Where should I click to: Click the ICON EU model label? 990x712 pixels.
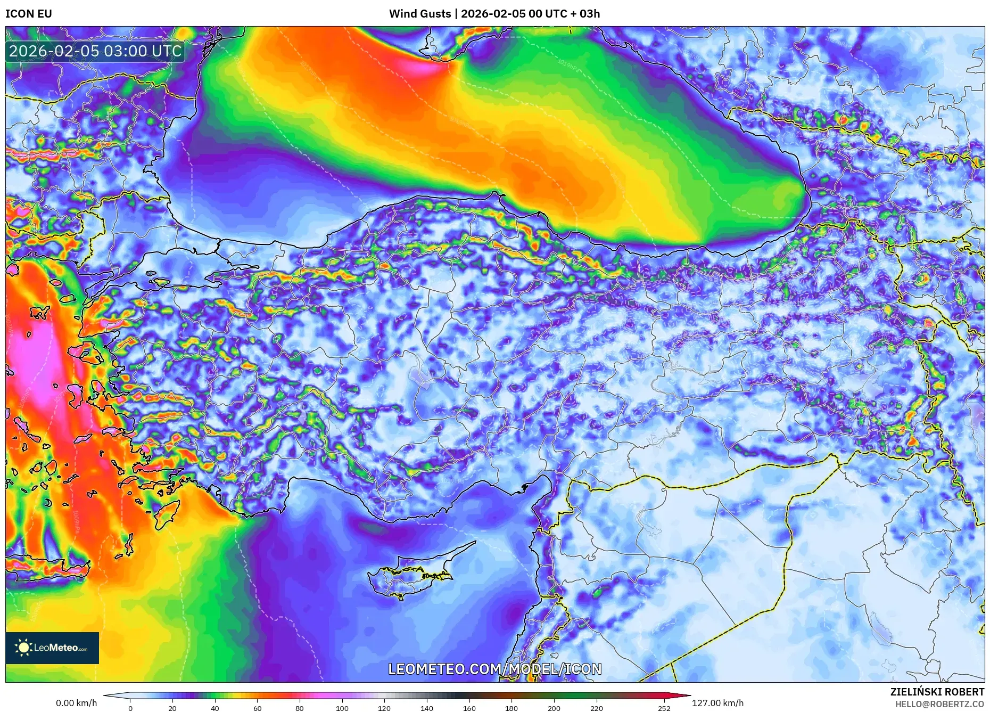(29, 14)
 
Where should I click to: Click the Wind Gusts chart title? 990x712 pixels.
(494, 14)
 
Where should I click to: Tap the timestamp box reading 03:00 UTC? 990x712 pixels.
(96, 51)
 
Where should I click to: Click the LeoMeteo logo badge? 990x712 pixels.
(52, 648)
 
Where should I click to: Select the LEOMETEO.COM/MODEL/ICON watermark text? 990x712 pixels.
(495, 669)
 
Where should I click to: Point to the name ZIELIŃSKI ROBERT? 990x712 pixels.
(937, 692)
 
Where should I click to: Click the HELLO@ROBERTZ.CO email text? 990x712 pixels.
(939, 704)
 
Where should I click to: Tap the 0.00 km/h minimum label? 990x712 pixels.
(77, 703)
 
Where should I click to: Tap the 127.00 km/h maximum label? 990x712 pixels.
(717, 703)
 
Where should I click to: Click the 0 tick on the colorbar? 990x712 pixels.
(130, 708)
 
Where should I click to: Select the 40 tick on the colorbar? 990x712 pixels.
(215, 708)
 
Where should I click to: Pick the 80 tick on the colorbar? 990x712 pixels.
(300, 708)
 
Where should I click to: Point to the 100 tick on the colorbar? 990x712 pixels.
(342, 708)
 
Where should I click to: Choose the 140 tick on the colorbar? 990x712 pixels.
(427, 708)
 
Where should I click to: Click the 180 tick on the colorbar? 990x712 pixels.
(511, 708)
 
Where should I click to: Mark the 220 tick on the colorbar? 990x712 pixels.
(597, 708)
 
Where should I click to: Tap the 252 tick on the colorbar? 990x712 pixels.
(664, 708)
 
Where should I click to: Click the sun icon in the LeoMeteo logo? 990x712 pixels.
(24, 647)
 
